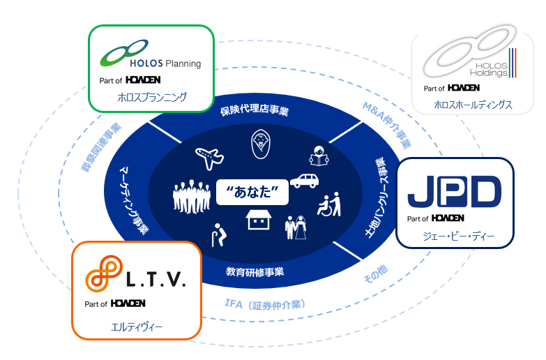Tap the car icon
pyautogui.click(x=305, y=180)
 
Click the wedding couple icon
pyautogui.click(x=296, y=227)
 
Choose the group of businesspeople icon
pyautogui.click(x=190, y=197)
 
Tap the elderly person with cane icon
pyautogui.click(x=217, y=232)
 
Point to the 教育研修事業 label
pyautogui.click(x=255, y=271)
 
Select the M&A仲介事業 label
pyautogui.click(x=388, y=126)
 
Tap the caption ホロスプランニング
pyautogui.click(x=151, y=98)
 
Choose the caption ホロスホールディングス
pyautogui.click(x=473, y=105)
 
